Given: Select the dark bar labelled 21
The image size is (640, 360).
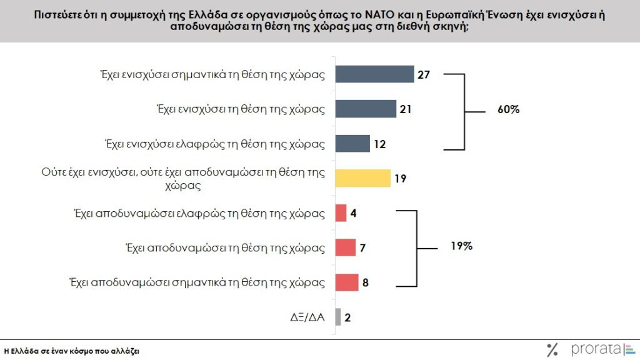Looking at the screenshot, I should click(x=366, y=109).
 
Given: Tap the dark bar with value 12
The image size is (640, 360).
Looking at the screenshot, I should click(x=352, y=143).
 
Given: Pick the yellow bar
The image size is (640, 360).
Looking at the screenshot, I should click(x=362, y=178).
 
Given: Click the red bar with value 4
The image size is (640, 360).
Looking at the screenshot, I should click(x=341, y=213).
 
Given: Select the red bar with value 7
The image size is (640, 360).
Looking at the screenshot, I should click(x=345, y=247).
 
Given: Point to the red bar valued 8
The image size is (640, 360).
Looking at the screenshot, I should click(x=347, y=282).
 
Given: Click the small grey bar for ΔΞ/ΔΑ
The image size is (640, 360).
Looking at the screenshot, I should click(x=338, y=317).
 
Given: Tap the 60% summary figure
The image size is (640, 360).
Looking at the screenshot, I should click(x=509, y=109).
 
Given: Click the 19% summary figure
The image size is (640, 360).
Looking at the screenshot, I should click(x=461, y=246).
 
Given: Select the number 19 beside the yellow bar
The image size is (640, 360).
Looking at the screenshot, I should click(x=401, y=179).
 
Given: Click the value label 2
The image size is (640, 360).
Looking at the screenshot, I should click(x=347, y=317).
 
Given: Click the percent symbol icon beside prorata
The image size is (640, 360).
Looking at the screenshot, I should click(x=552, y=349).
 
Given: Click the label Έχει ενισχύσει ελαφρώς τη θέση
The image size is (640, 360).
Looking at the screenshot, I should click(x=214, y=144).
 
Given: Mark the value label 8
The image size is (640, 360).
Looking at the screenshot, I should click(x=366, y=283).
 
